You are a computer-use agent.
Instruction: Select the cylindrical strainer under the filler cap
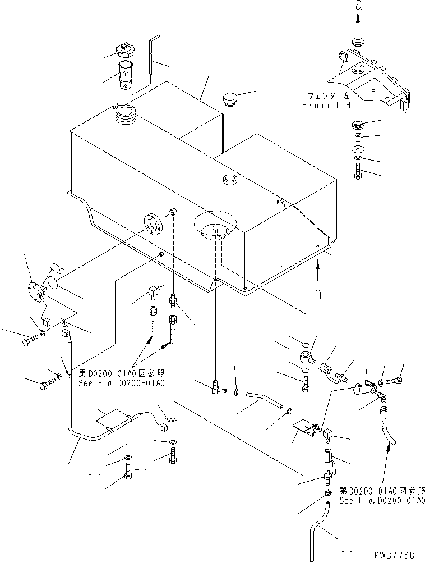[x=126, y=76]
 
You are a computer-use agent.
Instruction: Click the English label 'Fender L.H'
[x=326, y=105]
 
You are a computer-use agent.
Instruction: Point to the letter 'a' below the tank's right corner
[x=318, y=294]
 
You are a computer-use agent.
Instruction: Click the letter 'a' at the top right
[x=358, y=6]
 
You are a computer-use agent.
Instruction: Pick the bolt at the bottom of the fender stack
[x=358, y=171]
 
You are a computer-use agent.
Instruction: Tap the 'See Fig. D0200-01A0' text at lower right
[x=382, y=501]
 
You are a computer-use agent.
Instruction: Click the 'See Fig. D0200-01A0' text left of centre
[x=121, y=383]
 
